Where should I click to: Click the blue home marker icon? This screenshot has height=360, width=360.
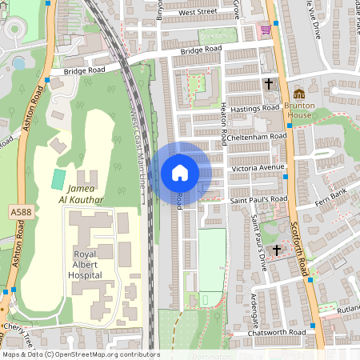point(179,173)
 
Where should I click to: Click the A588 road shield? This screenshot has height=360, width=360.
point(23,210)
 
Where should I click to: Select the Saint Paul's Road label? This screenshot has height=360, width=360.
point(258,199)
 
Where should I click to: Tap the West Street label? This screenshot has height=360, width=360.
point(198,12)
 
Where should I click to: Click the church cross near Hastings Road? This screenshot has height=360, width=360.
point(269,83)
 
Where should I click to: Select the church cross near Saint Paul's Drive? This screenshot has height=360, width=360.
point(277,251)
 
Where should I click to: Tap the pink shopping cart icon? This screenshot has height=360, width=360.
point(265,30)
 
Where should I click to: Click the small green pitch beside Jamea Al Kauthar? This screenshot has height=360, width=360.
point(59,178)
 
